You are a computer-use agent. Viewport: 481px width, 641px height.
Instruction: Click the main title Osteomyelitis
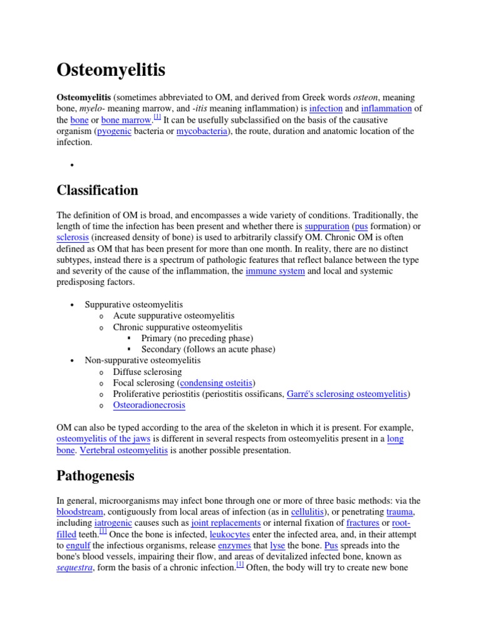[x=111, y=70]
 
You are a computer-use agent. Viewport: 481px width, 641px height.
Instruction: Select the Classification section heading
[x=97, y=190]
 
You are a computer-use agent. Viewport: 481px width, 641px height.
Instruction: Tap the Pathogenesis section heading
[x=95, y=476]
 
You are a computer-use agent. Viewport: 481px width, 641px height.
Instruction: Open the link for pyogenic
[x=114, y=131]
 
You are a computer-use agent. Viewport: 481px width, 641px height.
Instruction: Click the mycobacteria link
[x=202, y=131]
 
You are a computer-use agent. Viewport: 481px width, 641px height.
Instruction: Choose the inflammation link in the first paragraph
[x=386, y=108]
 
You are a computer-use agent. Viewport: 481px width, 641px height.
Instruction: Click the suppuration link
[x=326, y=226]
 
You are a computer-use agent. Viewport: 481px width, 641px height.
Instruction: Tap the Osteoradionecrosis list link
[x=149, y=405]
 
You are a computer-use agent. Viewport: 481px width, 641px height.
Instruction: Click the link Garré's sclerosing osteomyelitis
[x=347, y=394]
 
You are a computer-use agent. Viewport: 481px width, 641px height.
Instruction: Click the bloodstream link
[x=78, y=511]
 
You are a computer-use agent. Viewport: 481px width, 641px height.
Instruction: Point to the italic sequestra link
[x=75, y=568]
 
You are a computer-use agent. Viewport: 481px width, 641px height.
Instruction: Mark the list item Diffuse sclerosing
[x=147, y=371]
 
